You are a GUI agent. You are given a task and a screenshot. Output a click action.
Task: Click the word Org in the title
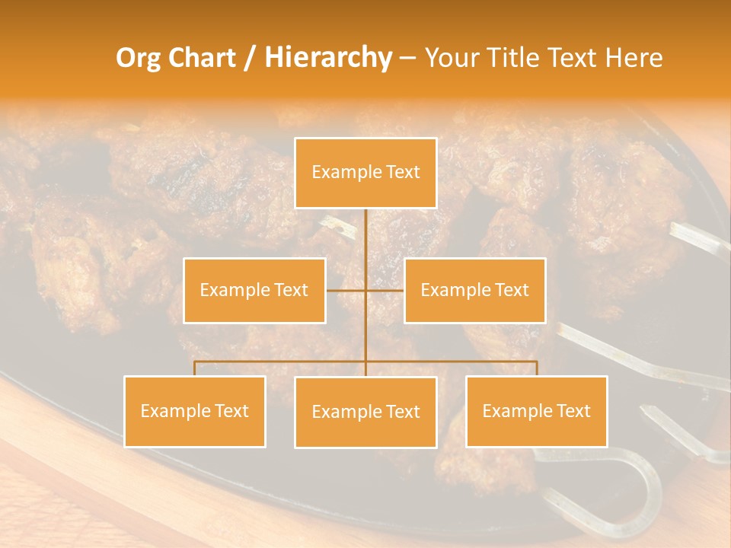(138, 58)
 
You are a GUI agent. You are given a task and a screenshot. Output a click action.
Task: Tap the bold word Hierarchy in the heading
(327, 58)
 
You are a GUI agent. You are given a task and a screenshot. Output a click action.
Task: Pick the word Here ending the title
(634, 58)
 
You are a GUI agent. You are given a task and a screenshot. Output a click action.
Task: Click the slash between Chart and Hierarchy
(251, 59)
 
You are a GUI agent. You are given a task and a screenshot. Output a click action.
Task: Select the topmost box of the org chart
(365, 173)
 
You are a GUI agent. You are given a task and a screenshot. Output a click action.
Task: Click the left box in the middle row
(254, 290)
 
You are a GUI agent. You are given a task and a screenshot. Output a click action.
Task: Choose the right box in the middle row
(474, 290)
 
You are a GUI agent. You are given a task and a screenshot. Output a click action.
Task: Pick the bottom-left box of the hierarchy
(194, 411)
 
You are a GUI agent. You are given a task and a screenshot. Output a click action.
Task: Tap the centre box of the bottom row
(365, 412)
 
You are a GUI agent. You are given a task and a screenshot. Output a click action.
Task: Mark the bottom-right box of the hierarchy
(536, 411)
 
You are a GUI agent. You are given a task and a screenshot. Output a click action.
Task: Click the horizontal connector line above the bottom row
(282, 362)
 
